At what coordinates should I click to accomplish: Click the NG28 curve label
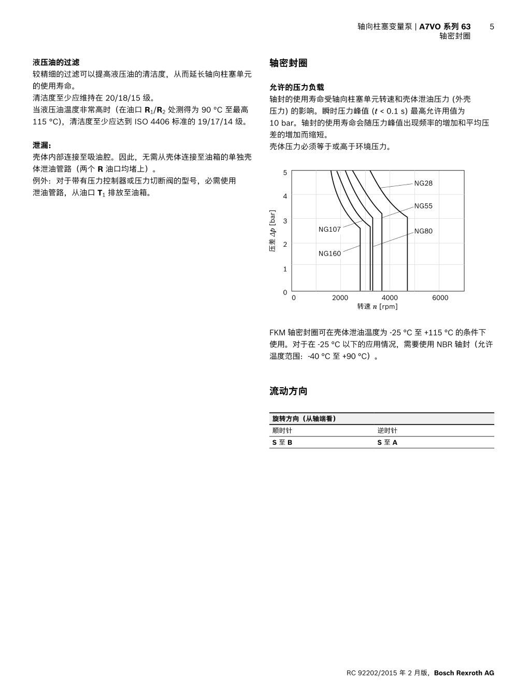click(x=423, y=183)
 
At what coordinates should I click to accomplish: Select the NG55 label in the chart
click(x=423, y=206)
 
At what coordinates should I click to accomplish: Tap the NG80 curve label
click(x=423, y=231)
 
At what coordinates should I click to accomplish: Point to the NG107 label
click(x=329, y=229)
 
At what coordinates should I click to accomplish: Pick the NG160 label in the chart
click(x=329, y=253)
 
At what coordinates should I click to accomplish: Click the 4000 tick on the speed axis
click(x=390, y=298)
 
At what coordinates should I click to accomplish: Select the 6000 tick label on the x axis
click(x=440, y=298)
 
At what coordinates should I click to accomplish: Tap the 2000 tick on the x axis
click(x=340, y=298)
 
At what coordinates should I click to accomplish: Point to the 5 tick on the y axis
click(x=285, y=172)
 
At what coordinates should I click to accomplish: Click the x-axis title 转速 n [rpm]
click(x=378, y=306)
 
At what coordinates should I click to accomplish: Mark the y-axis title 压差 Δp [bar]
click(x=272, y=231)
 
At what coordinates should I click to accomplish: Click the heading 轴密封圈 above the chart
click(x=289, y=63)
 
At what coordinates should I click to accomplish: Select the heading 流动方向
click(x=289, y=391)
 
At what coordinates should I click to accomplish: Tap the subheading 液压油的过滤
click(x=56, y=62)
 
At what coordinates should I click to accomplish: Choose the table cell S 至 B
click(x=282, y=443)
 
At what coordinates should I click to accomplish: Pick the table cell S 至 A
click(x=387, y=443)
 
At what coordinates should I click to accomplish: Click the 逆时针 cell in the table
click(x=387, y=431)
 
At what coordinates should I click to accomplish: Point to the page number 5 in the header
click(x=492, y=26)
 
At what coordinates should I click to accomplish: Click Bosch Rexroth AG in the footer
click(x=464, y=673)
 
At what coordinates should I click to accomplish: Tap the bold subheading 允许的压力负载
click(x=297, y=87)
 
